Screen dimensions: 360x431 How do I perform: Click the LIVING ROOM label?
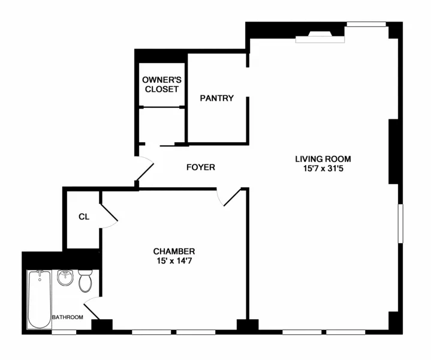point(323,159)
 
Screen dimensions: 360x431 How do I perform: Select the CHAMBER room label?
point(174,251)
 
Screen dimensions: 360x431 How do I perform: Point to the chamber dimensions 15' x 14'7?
point(174,261)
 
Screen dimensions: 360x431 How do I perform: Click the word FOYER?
point(200,167)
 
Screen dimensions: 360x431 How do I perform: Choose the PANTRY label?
point(216,98)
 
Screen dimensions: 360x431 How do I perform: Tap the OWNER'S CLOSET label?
point(160,85)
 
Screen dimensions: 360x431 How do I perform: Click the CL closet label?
point(84,217)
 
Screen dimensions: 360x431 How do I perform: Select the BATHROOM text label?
point(67,317)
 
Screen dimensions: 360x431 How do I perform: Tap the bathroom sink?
point(65,278)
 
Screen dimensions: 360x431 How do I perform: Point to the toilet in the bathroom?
point(86,280)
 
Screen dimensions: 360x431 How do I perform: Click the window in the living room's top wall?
point(365,25)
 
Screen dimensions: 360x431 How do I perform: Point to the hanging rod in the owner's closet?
point(161,107)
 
